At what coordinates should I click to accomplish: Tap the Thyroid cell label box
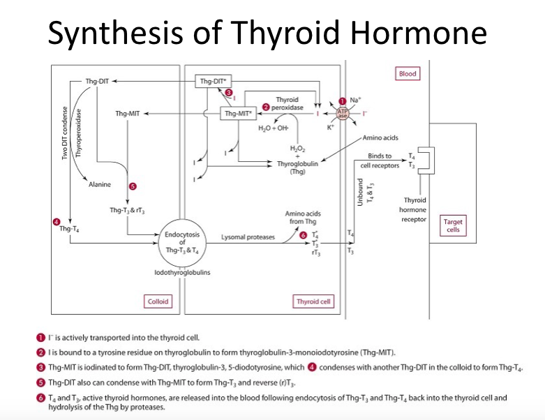[x=313, y=302]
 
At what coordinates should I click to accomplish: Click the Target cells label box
[x=453, y=226]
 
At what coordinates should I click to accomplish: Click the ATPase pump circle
[x=343, y=114]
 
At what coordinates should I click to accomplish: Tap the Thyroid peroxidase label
[x=287, y=104]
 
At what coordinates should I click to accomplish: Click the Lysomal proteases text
[x=247, y=237]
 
